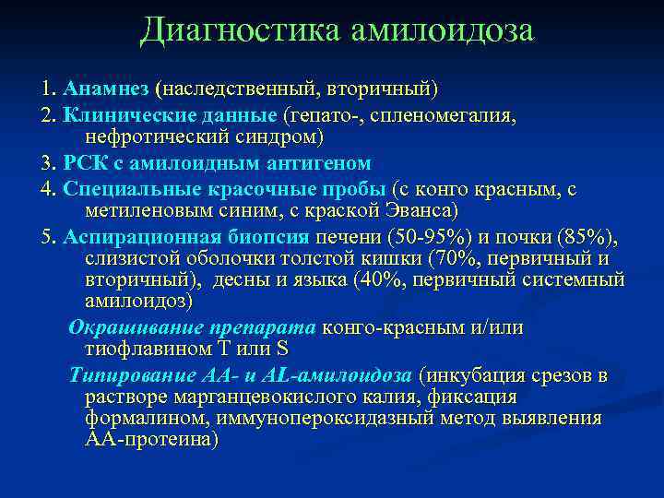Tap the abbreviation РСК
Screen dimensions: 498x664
(85, 164)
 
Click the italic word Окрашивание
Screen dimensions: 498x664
(125, 328)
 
